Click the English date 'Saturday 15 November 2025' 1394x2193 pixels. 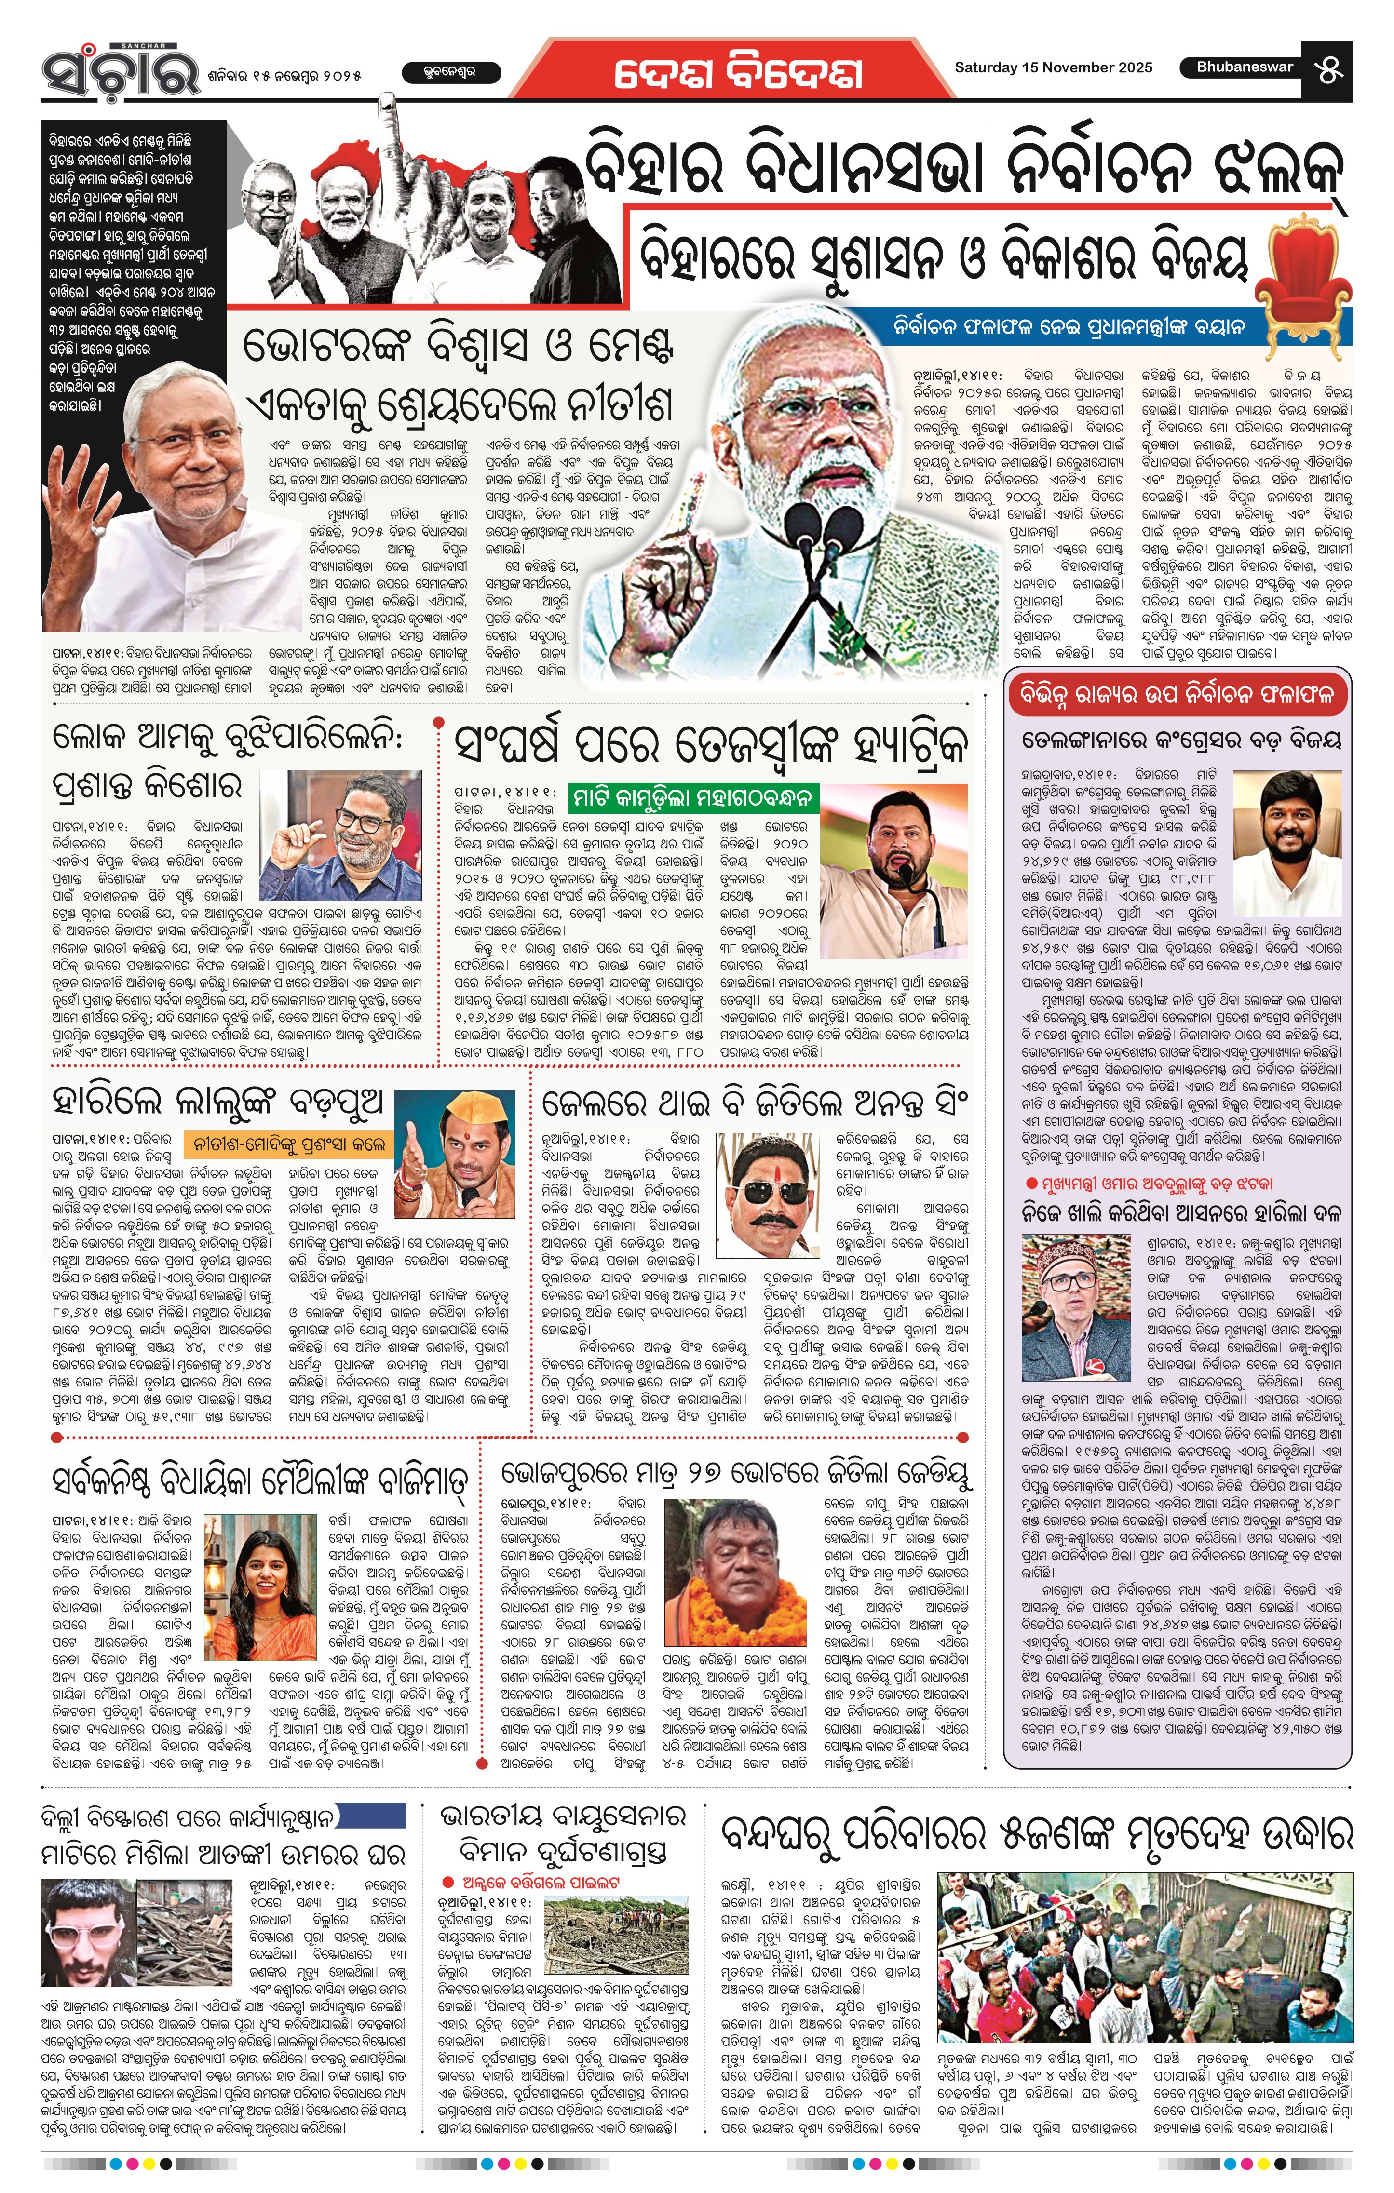[1052, 67]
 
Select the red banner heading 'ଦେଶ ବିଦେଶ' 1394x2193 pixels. [738, 72]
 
